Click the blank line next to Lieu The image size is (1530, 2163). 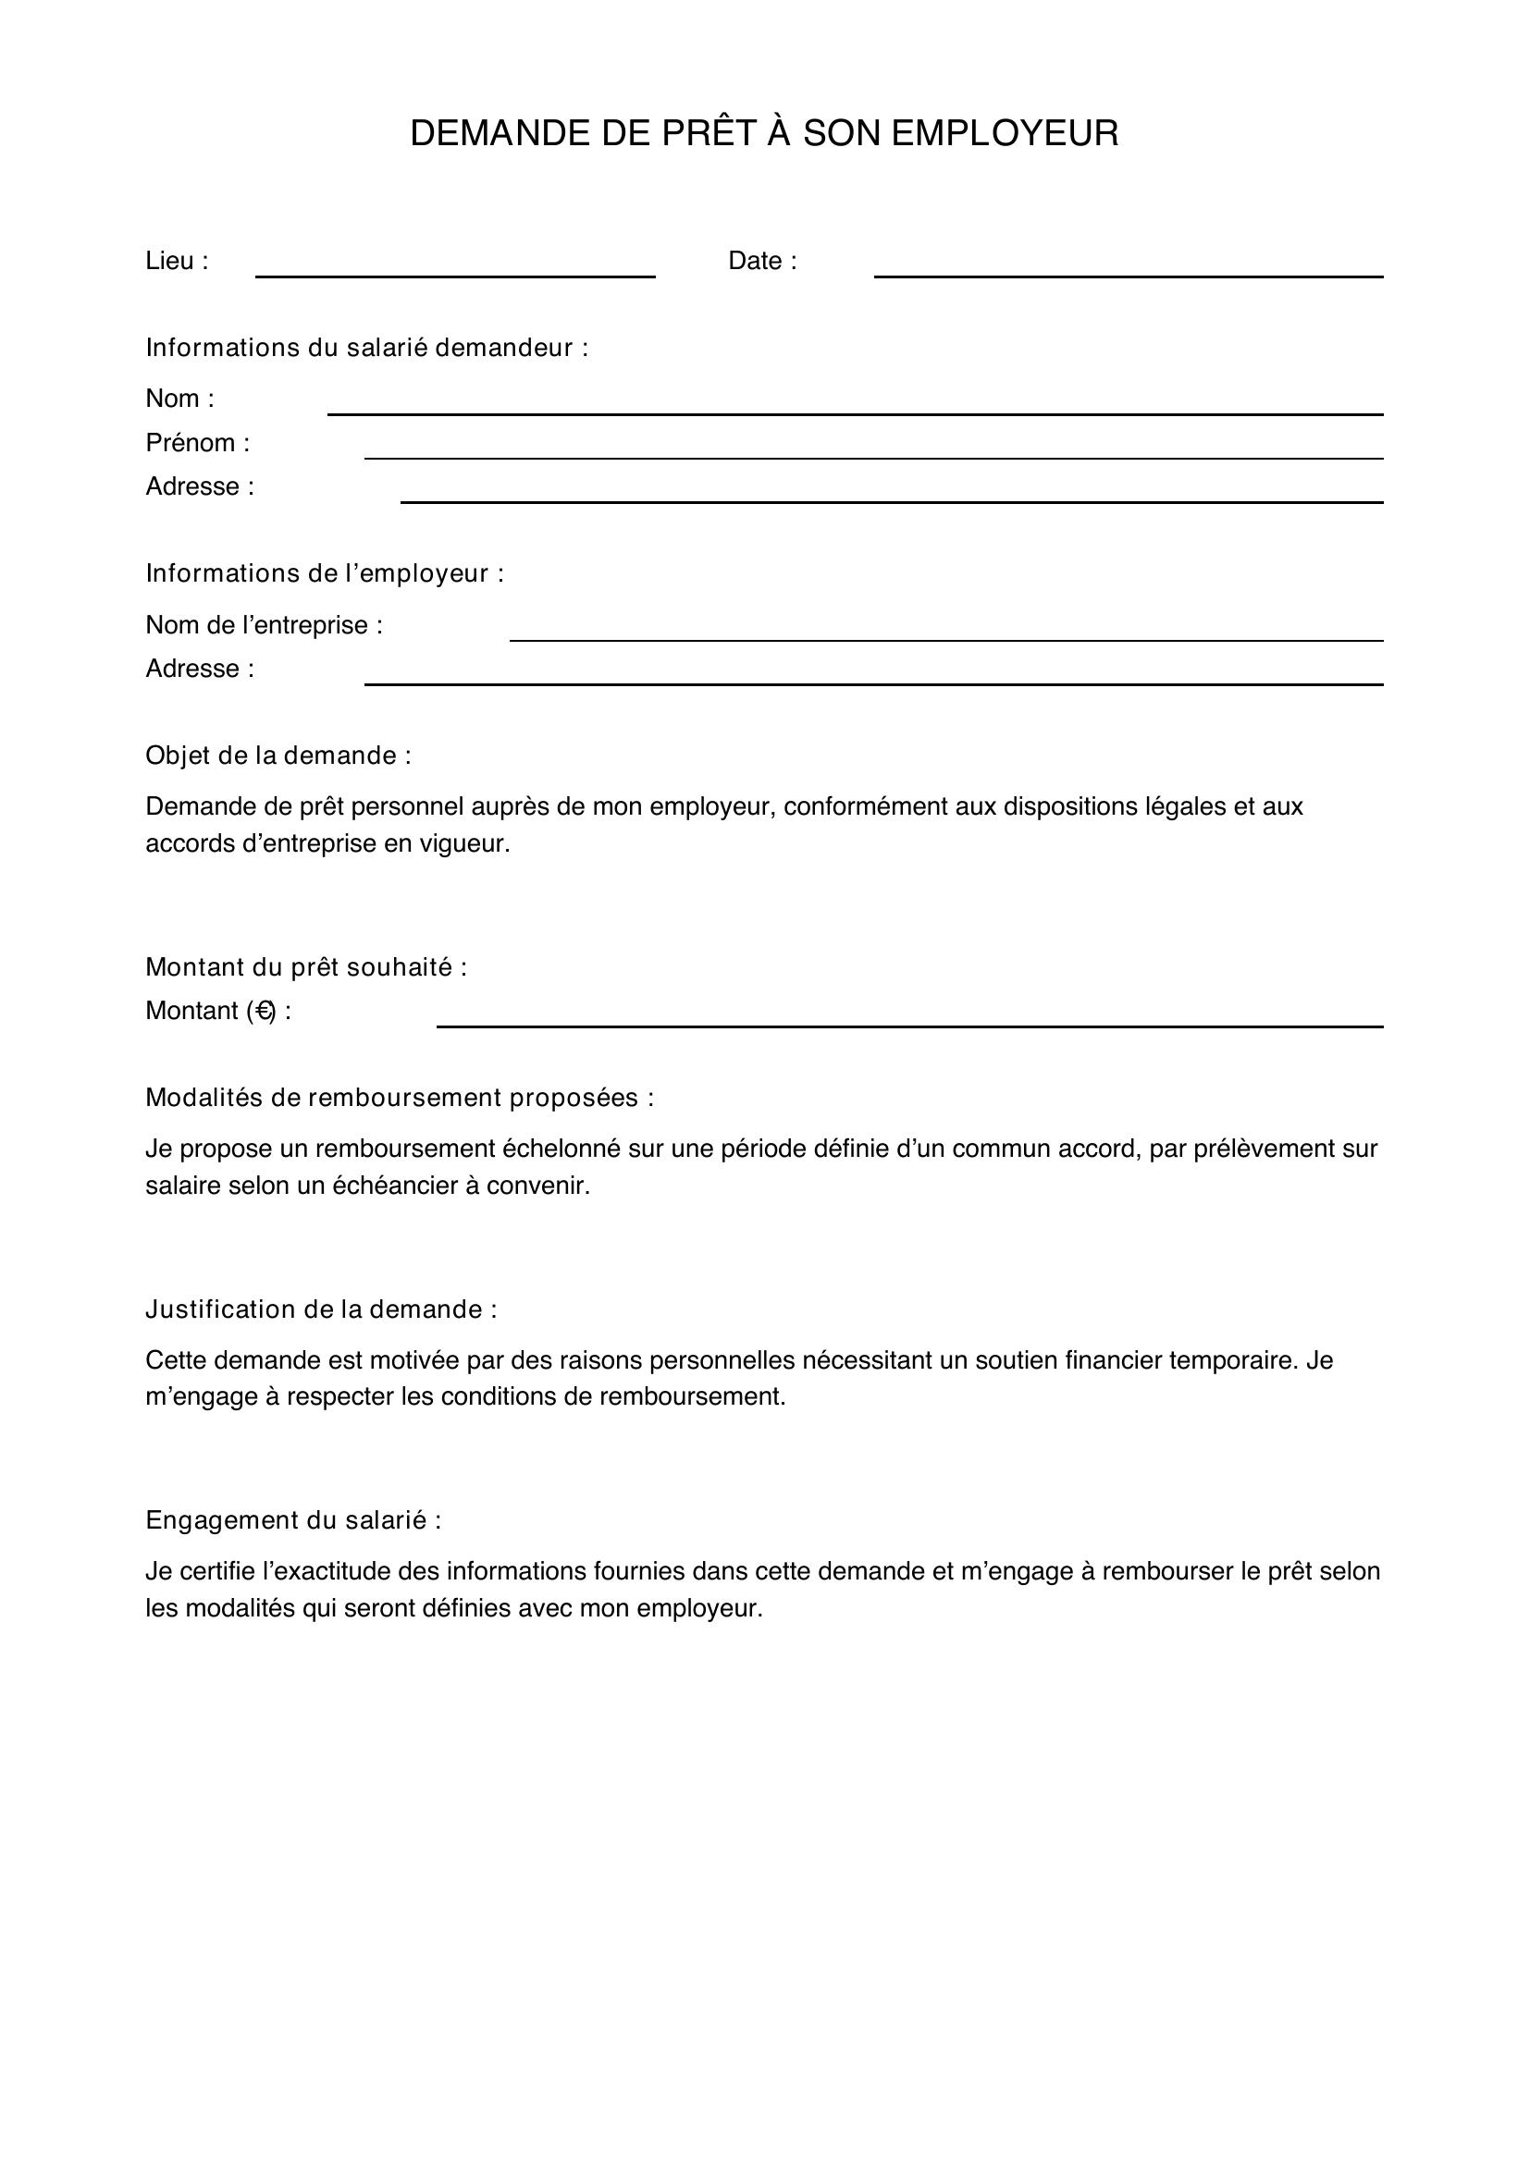coord(455,274)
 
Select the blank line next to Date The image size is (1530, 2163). coord(1128,274)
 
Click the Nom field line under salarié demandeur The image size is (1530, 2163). coord(855,412)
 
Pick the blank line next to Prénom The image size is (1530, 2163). coord(873,456)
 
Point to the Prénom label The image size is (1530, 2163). coord(198,443)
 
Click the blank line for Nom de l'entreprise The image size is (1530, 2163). coord(946,639)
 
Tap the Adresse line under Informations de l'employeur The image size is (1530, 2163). coord(873,682)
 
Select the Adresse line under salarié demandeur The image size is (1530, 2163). coord(891,500)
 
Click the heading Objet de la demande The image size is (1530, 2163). coord(278,756)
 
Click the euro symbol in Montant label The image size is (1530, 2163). coord(265,1011)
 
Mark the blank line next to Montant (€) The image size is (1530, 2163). coord(909,1024)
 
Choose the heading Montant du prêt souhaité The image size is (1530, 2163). coord(306,967)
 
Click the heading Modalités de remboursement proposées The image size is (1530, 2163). coord(400,1098)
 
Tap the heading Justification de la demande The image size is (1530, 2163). coord(321,1309)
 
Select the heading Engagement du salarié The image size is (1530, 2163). coord(293,1520)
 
